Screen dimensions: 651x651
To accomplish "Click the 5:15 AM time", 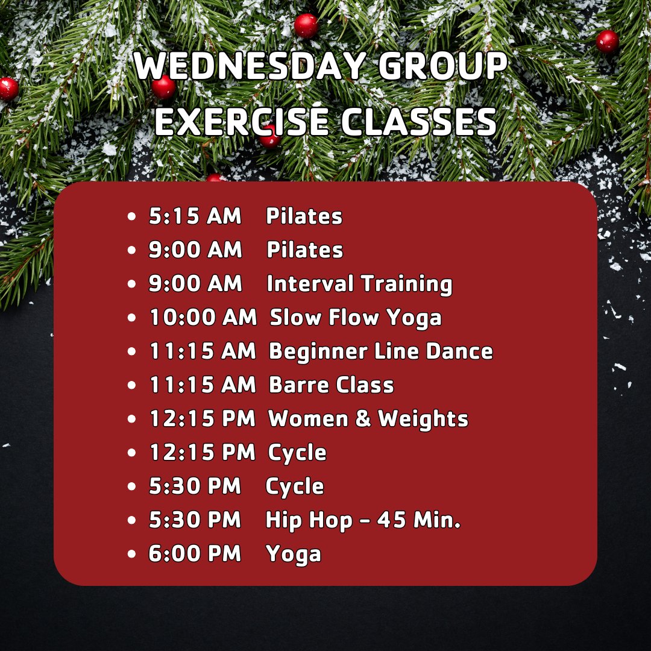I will (195, 216).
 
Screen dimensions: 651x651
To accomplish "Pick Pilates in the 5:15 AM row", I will (304, 216).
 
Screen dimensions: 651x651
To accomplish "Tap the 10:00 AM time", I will (203, 318).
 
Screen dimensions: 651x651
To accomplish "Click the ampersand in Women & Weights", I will (363, 419).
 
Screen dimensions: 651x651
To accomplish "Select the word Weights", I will (423, 419).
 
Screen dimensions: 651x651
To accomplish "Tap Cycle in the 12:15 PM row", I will (298, 453).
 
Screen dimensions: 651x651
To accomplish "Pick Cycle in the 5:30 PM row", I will (295, 487).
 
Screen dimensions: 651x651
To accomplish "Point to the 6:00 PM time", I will (195, 554).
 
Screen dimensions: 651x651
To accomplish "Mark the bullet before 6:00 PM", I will (132, 555).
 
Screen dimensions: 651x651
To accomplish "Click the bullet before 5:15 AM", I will (132, 217).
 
